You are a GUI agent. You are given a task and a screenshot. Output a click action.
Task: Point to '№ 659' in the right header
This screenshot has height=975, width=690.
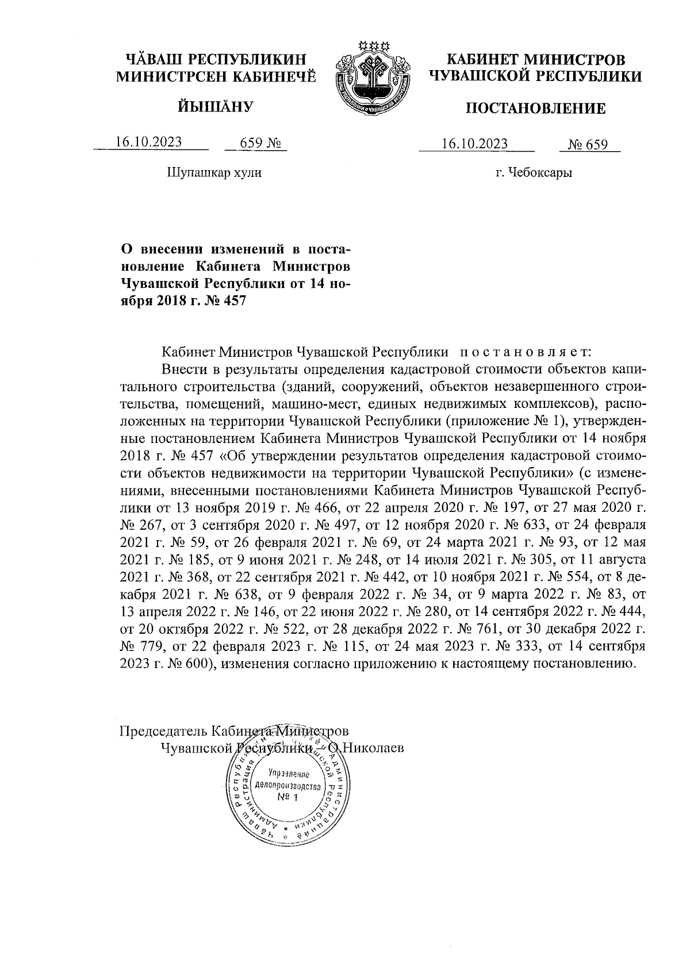(x=588, y=144)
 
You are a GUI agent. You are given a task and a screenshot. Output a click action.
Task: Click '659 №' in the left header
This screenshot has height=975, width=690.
(x=255, y=142)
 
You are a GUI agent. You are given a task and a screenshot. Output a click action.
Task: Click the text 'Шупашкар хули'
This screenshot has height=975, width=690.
(x=214, y=172)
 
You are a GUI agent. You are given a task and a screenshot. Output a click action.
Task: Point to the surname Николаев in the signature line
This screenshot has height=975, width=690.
(x=373, y=748)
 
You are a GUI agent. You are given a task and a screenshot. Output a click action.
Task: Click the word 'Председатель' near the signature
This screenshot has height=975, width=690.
(x=163, y=731)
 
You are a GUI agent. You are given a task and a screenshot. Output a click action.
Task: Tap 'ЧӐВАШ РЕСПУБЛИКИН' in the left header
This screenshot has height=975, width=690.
(x=217, y=59)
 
